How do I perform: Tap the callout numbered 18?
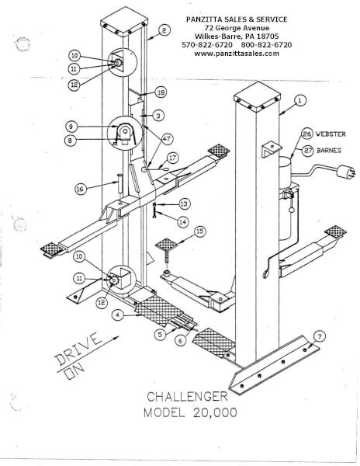pyautogui.click(x=161, y=92)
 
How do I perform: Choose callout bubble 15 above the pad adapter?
pyautogui.click(x=200, y=231)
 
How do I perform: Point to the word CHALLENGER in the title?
pyautogui.click(x=191, y=397)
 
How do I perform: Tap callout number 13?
pyautogui.click(x=183, y=203)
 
